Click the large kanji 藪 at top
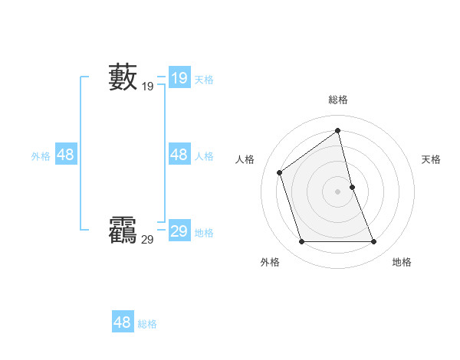tap(123, 77)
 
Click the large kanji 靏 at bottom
tap(123, 230)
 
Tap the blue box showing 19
tap(179, 78)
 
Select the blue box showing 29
tap(179, 231)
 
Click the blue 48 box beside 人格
tap(179, 155)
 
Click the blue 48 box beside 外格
tap(65, 155)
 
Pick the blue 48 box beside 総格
tap(122, 322)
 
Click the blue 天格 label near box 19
tap(204, 79)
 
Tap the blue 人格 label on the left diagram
tap(204, 155)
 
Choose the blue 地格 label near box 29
tap(204, 232)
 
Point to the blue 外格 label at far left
tap(41, 155)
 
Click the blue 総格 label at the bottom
tap(147, 324)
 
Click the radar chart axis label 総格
tap(338, 100)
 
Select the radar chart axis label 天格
tap(431, 159)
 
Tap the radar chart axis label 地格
tap(402, 262)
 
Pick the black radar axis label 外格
tap(270, 262)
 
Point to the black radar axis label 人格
tap(245, 159)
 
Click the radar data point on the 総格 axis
tap(338, 130)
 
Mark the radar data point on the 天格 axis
tap(352, 186)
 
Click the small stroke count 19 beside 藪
tap(147, 87)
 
